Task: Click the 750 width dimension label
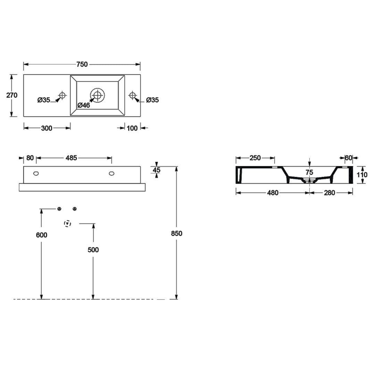[82, 64]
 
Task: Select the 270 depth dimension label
[12, 95]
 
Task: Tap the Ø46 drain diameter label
[84, 105]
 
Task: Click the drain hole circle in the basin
[97, 95]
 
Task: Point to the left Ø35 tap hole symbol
[62, 95]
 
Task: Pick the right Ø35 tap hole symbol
[133, 95]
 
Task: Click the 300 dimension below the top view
[47, 128]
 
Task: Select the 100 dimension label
[132, 128]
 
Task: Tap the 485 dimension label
[71, 158]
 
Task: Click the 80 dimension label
[30, 158]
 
